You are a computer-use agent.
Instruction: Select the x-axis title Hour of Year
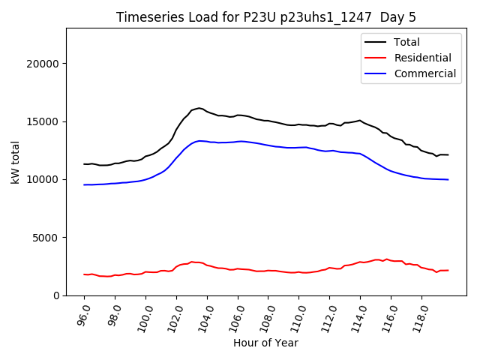pyautogui.click(x=265, y=343)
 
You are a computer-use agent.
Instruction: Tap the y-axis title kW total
pyautogui.click(x=15, y=162)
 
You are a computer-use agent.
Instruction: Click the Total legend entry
pyautogui.click(x=407, y=42)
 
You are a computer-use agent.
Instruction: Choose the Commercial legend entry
pyautogui.click(x=424, y=73)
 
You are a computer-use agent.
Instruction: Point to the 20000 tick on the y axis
pyautogui.click(x=44, y=64)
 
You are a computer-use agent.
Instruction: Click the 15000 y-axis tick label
pyautogui.click(x=44, y=121)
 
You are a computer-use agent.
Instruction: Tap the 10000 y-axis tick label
pyautogui.click(x=44, y=179)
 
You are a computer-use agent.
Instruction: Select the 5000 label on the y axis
pyautogui.click(x=47, y=238)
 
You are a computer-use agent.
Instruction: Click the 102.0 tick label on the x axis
pyautogui.click(x=175, y=315)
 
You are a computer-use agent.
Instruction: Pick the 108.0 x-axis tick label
pyautogui.click(x=267, y=315)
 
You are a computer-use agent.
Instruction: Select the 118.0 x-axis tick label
pyautogui.click(x=420, y=315)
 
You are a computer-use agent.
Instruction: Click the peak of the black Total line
pyautogui.click(x=199, y=108)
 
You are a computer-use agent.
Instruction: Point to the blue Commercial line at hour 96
pyautogui.click(x=85, y=184)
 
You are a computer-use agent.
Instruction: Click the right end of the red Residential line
pyautogui.click(x=448, y=270)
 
